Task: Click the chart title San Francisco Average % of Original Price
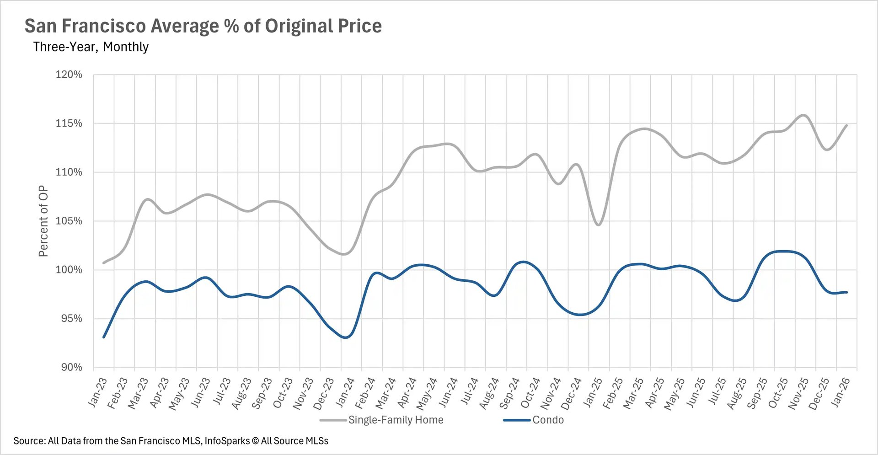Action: tap(203, 26)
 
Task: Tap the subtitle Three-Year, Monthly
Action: tap(91, 47)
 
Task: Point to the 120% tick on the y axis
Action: tap(69, 75)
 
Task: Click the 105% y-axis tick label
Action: tap(69, 221)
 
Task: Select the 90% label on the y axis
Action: tap(72, 367)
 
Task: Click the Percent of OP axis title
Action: tap(43, 221)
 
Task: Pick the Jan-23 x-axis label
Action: tap(97, 392)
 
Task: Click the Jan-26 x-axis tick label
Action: tap(841, 392)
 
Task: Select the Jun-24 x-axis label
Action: tap(448, 392)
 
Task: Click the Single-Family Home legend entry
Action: tap(396, 420)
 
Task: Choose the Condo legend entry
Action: tap(548, 420)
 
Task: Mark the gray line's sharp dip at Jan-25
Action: tap(599, 225)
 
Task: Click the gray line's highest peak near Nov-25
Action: tap(803, 115)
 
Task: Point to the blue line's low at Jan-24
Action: tap(346, 337)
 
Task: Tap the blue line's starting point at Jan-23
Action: tap(104, 337)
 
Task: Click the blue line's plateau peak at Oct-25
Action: tap(784, 251)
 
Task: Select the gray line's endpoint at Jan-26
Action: tap(847, 125)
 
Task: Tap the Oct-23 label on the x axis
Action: tap(283, 393)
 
